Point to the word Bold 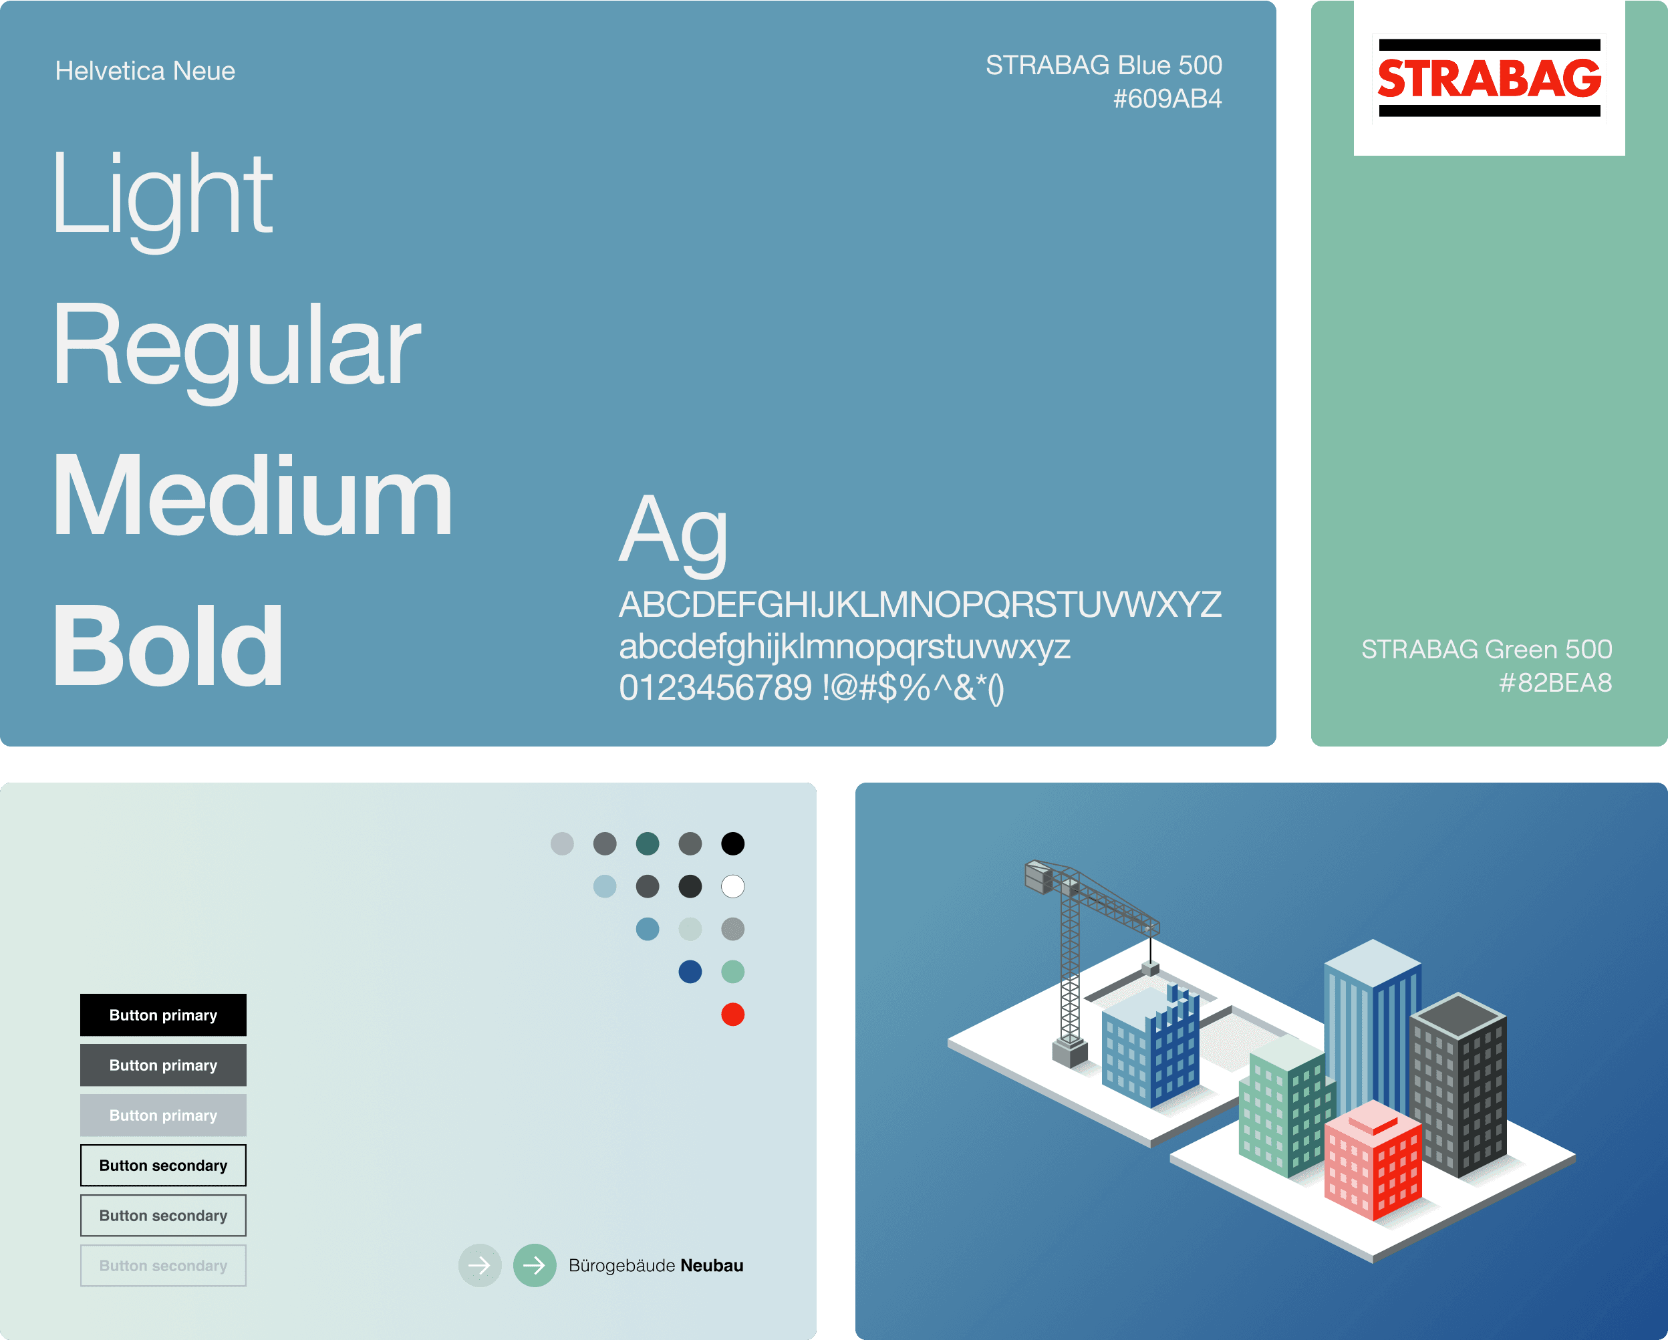pyautogui.click(x=168, y=646)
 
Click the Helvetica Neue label pyautogui.click(x=144, y=72)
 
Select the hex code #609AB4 pyautogui.click(x=1167, y=99)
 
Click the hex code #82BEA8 pyautogui.click(x=1555, y=683)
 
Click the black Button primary pyautogui.click(x=163, y=1015)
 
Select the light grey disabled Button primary pyautogui.click(x=163, y=1115)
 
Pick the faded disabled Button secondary pyautogui.click(x=163, y=1266)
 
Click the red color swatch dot pyautogui.click(x=732, y=1015)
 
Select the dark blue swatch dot pyautogui.click(x=690, y=972)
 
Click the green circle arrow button pyautogui.click(x=535, y=1266)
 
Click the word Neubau pyautogui.click(x=712, y=1266)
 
